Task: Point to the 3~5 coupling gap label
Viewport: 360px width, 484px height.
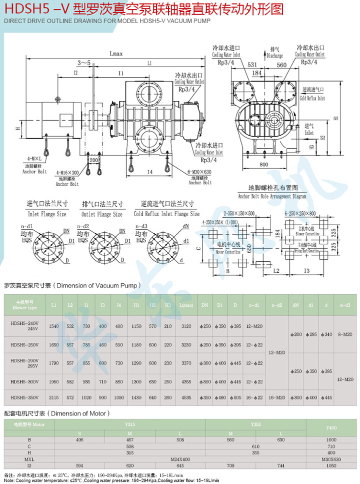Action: point(84,63)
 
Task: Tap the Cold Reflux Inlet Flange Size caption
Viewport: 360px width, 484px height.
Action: point(164,214)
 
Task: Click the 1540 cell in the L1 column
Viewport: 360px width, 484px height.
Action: point(54,326)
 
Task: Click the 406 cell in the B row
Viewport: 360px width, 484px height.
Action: point(79,439)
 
